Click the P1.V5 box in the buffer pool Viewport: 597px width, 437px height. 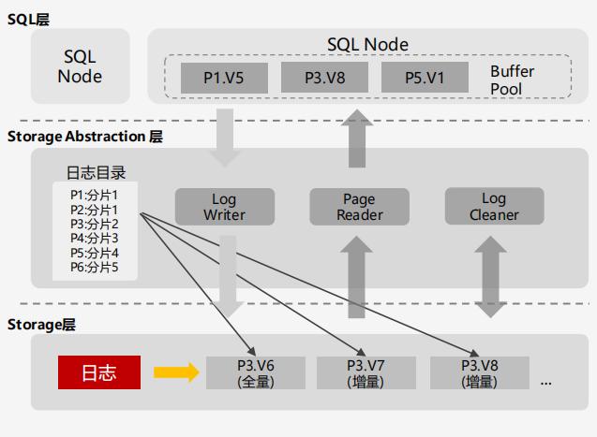tap(224, 79)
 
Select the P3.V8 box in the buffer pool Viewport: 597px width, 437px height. tap(324, 79)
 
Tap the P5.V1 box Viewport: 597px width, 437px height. tap(425, 79)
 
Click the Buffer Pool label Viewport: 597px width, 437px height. tap(513, 80)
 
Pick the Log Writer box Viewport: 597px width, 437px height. tap(225, 207)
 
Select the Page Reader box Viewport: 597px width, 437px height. tap(359, 207)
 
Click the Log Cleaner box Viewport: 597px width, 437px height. tap(493, 207)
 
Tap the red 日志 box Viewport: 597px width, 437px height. tap(99, 372)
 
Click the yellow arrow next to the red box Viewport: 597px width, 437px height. tap(176, 372)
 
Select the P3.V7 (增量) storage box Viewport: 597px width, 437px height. tap(366, 372)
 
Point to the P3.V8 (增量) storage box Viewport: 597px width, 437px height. tap(478, 372)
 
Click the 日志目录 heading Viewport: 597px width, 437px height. tap(96, 173)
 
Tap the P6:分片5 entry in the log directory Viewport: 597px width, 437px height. tap(95, 268)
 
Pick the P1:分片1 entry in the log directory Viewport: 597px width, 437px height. tap(95, 195)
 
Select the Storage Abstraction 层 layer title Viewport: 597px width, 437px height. tap(84, 137)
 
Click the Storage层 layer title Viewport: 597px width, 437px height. tap(40, 324)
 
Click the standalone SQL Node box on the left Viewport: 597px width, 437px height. tap(80, 66)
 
